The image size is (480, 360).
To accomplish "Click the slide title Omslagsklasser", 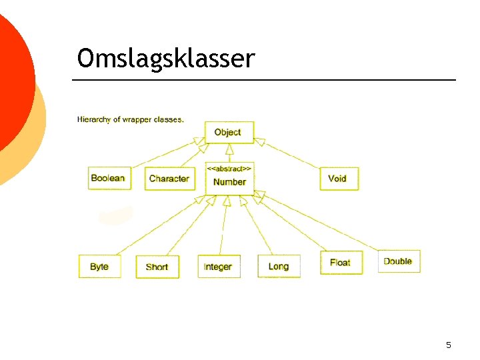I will pos(165,59).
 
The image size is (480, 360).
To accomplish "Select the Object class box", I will pos(229,132).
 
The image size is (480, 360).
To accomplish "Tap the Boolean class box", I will pos(108,178).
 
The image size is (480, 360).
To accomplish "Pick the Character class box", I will pos(169,178).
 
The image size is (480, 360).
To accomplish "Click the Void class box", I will pos(338,178).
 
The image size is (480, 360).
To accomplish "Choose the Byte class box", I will pos(99,267).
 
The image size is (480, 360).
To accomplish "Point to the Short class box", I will pos(157,267).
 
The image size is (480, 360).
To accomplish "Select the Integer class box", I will pos(218,267).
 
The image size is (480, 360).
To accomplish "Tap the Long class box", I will pos(279,267).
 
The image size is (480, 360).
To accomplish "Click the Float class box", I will pos(340,263).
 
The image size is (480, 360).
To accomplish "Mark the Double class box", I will pos(398,261).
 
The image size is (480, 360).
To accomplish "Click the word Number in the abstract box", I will pos(229,182).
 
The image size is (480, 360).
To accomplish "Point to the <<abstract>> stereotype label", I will pos(229,169).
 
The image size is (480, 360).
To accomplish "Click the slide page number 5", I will pos(449,345).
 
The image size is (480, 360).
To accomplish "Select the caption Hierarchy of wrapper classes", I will pos(131,119).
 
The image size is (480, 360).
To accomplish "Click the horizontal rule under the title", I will pos(264,80).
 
